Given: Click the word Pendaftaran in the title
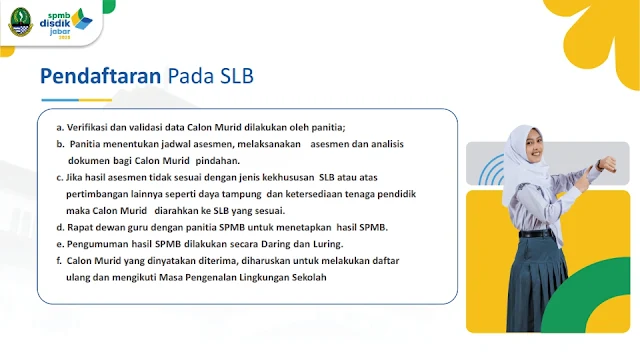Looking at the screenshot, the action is coord(100,76).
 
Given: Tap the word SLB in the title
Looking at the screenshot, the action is coord(237,76).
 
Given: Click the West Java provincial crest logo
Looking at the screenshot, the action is coord(20,22).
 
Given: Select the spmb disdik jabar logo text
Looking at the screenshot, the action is coord(55,25).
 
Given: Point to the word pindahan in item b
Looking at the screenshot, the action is coord(218,161).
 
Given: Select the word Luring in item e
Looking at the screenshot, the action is coord(328,244).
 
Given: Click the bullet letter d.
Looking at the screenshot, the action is coord(60,227).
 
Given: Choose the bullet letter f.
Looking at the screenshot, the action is coord(59,261).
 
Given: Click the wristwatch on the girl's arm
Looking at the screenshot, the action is coord(600,164).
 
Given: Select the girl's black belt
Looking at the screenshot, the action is coord(536,234).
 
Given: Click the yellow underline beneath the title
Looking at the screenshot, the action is coord(95,100).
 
